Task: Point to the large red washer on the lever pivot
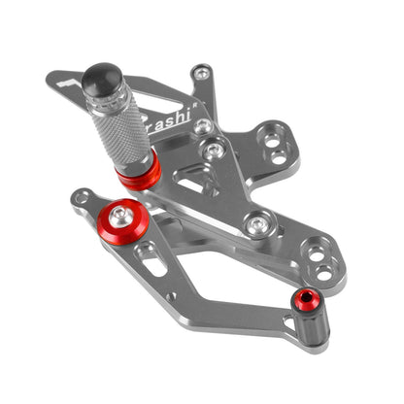[x=124, y=216]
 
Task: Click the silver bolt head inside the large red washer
[x=123, y=214]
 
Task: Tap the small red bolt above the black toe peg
[x=307, y=298]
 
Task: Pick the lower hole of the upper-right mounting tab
[x=283, y=152]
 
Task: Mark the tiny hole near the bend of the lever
[x=173, y=295]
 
